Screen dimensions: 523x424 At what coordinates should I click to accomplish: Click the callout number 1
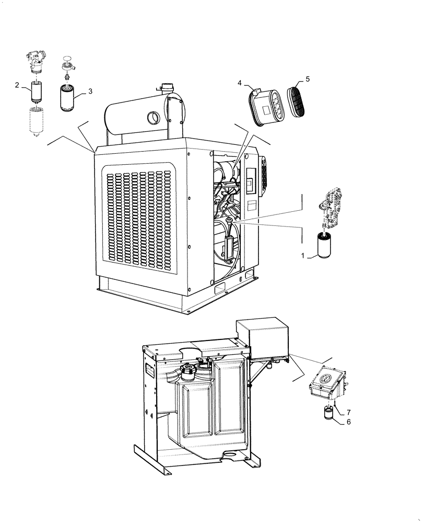tap(302, 256)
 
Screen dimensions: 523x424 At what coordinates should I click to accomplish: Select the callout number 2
tap(17, 85)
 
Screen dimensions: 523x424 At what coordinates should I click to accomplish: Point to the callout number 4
tap(240, 83)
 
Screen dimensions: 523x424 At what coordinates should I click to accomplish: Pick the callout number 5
tap(308, 78)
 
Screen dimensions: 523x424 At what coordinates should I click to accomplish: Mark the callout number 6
tap(348, 422)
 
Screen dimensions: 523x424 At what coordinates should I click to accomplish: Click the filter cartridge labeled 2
tap(37, 93)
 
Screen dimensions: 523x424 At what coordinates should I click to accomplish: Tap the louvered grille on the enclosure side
tap(139, 215)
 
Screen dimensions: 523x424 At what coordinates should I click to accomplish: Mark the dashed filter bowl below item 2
tap(37, 121)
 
